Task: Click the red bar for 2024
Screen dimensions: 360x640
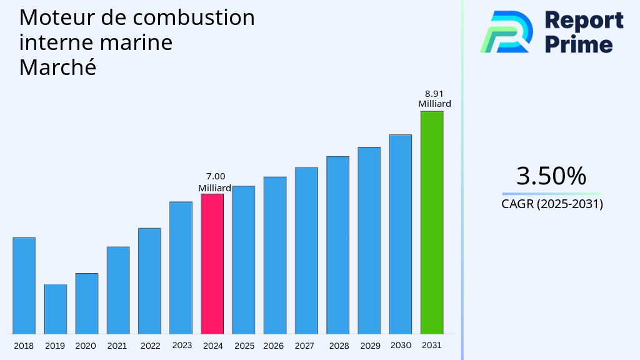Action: coord(212,264)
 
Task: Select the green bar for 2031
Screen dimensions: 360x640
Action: coord(431,222)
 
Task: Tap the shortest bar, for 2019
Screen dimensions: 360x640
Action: coord(55,309)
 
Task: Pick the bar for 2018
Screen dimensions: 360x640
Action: coord(24,286)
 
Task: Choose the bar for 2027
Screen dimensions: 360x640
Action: coord(306,250)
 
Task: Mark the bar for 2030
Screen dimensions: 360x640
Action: coord(400,234)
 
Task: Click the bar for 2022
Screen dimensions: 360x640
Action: coord(149,281)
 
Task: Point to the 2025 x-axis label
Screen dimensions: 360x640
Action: coord(244,346)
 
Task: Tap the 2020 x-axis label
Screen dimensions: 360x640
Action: coord(86,346)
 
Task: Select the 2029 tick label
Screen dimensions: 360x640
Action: coord(370,346)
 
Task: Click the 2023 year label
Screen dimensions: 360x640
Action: coord(182,345)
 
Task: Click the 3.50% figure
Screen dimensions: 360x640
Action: coord(551,176)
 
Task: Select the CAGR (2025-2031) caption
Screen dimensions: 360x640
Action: coord(552,204)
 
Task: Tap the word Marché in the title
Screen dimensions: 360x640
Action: coord(57,67)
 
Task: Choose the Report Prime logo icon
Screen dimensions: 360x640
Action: coord(506,32)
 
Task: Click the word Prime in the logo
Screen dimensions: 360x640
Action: coord(578,44)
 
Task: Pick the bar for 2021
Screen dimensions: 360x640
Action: coord(118,290)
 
